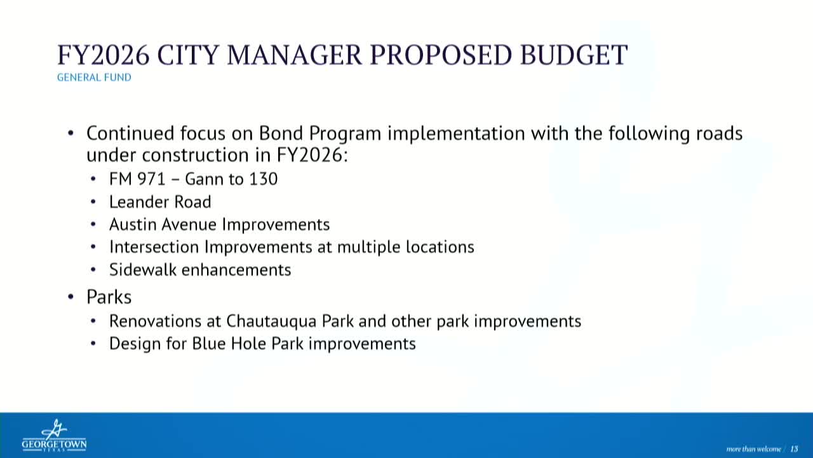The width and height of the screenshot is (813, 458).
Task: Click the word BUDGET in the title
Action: pos(574,55)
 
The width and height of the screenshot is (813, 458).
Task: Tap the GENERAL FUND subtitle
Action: pos(94,78)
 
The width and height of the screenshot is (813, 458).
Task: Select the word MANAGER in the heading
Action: pos(294,55)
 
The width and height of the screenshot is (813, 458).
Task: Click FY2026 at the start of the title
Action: pos(104,55)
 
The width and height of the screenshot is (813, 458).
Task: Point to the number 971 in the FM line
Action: pos(152,179)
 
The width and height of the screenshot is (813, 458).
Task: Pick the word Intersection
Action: pos(154,247)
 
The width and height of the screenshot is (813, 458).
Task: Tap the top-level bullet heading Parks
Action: pos(109,297)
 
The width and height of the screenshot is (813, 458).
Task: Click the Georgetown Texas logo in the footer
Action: pos(54,436)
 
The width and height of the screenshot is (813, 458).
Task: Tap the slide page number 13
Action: pos(794,449)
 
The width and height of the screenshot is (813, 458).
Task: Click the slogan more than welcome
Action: pos(753,449)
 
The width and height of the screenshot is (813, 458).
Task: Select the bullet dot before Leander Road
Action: pos(93,202)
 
